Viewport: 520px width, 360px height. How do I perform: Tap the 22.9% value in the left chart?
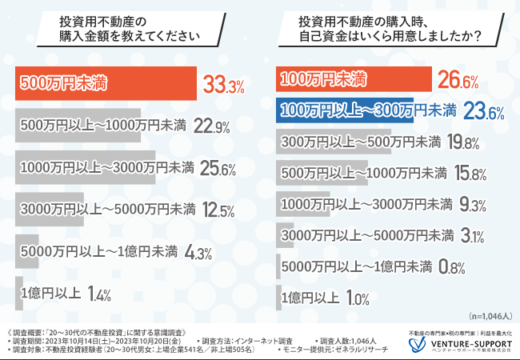click(x=212, y=126)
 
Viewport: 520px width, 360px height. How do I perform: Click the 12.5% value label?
click(x=218, y=210)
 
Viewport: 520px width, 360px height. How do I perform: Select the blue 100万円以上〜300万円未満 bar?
click(x=344, y=110)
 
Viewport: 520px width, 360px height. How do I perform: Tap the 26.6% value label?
click(x=458, y=79)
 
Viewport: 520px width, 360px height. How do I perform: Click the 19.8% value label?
click(x=463, y=142)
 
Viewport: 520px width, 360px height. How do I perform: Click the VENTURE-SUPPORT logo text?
click(x=466, y=342)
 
